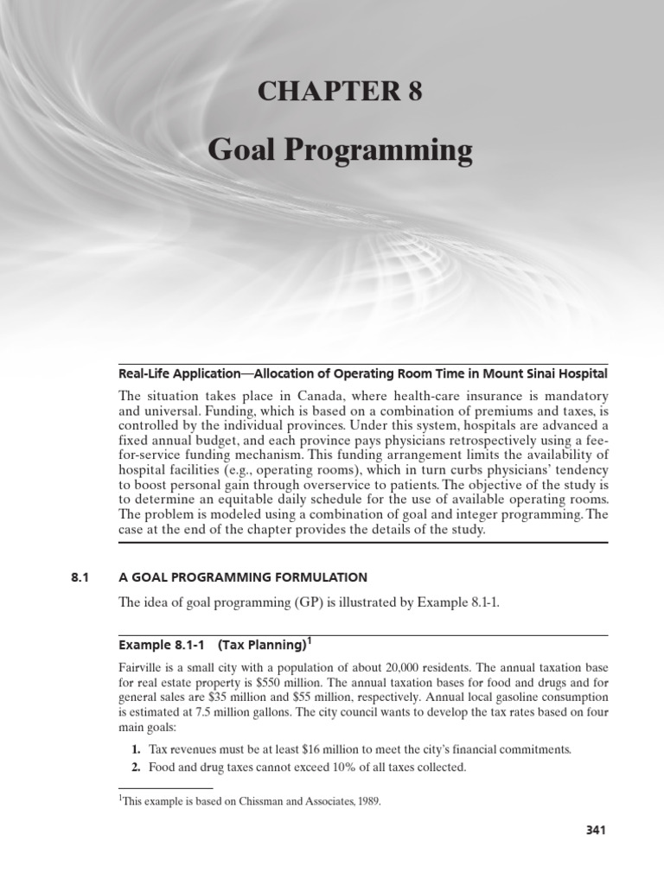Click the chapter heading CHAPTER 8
tap(340, 91)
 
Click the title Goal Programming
tap(340, 151)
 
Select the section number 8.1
tap(80, 576)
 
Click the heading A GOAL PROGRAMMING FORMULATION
tap(243, 576)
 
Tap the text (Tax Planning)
tap(262, 645)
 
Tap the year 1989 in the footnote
tap(367, 801)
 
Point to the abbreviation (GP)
tap(287, 602)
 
